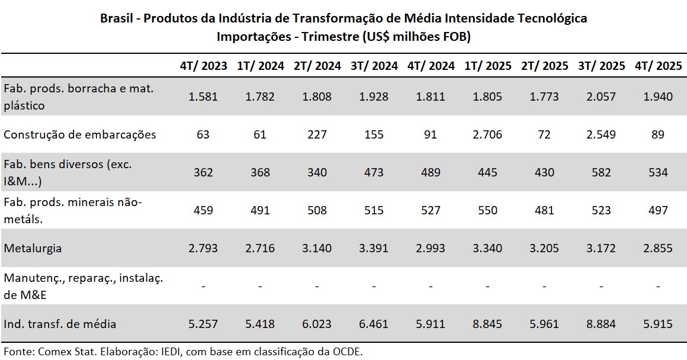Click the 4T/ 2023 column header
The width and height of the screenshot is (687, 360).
tap(203, 66)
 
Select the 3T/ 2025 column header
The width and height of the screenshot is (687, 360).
tap(601, 66)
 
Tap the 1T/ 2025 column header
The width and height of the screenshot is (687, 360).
tap(487, 66)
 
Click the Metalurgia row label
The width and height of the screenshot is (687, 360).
tap(33, 248)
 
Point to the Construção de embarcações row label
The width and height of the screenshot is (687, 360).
tap(80, 134)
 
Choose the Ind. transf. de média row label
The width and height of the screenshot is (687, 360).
tap(60, 324)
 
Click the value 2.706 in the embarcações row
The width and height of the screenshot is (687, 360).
tap(487, 134)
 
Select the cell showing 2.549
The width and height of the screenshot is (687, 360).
tap(601, 134)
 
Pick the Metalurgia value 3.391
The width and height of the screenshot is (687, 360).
tap(374, 248)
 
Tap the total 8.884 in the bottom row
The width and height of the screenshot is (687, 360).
tap(601, 324)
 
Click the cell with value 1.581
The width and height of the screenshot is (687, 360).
tap(203, 97)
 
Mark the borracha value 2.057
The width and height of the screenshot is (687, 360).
tap(601, 97)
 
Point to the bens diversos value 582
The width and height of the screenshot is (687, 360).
tap(601, 172)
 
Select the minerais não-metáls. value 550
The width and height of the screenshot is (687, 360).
tap(487, 210)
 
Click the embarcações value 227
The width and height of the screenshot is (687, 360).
tap(317, 134)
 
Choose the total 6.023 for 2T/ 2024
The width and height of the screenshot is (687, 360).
tap(317, 324)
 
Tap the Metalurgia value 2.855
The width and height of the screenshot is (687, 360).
tap(658, 248)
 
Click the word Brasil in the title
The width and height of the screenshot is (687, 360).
tap(116, 18)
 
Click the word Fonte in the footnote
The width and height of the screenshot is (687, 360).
tap(18, 351)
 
